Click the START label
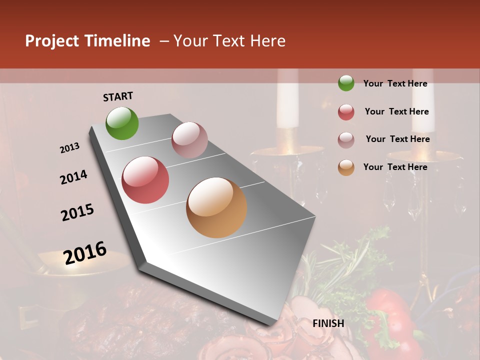118,96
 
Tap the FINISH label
328,323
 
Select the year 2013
69,148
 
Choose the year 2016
85,253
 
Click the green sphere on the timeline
122,123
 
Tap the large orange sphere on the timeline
216,207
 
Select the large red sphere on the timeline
145,180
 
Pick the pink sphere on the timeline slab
189,140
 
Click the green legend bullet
346,83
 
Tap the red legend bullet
346,112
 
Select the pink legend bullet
346,140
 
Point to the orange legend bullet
346,167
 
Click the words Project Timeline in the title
87,41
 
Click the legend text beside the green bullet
395,83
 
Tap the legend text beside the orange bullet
395,167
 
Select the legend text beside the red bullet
396,111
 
